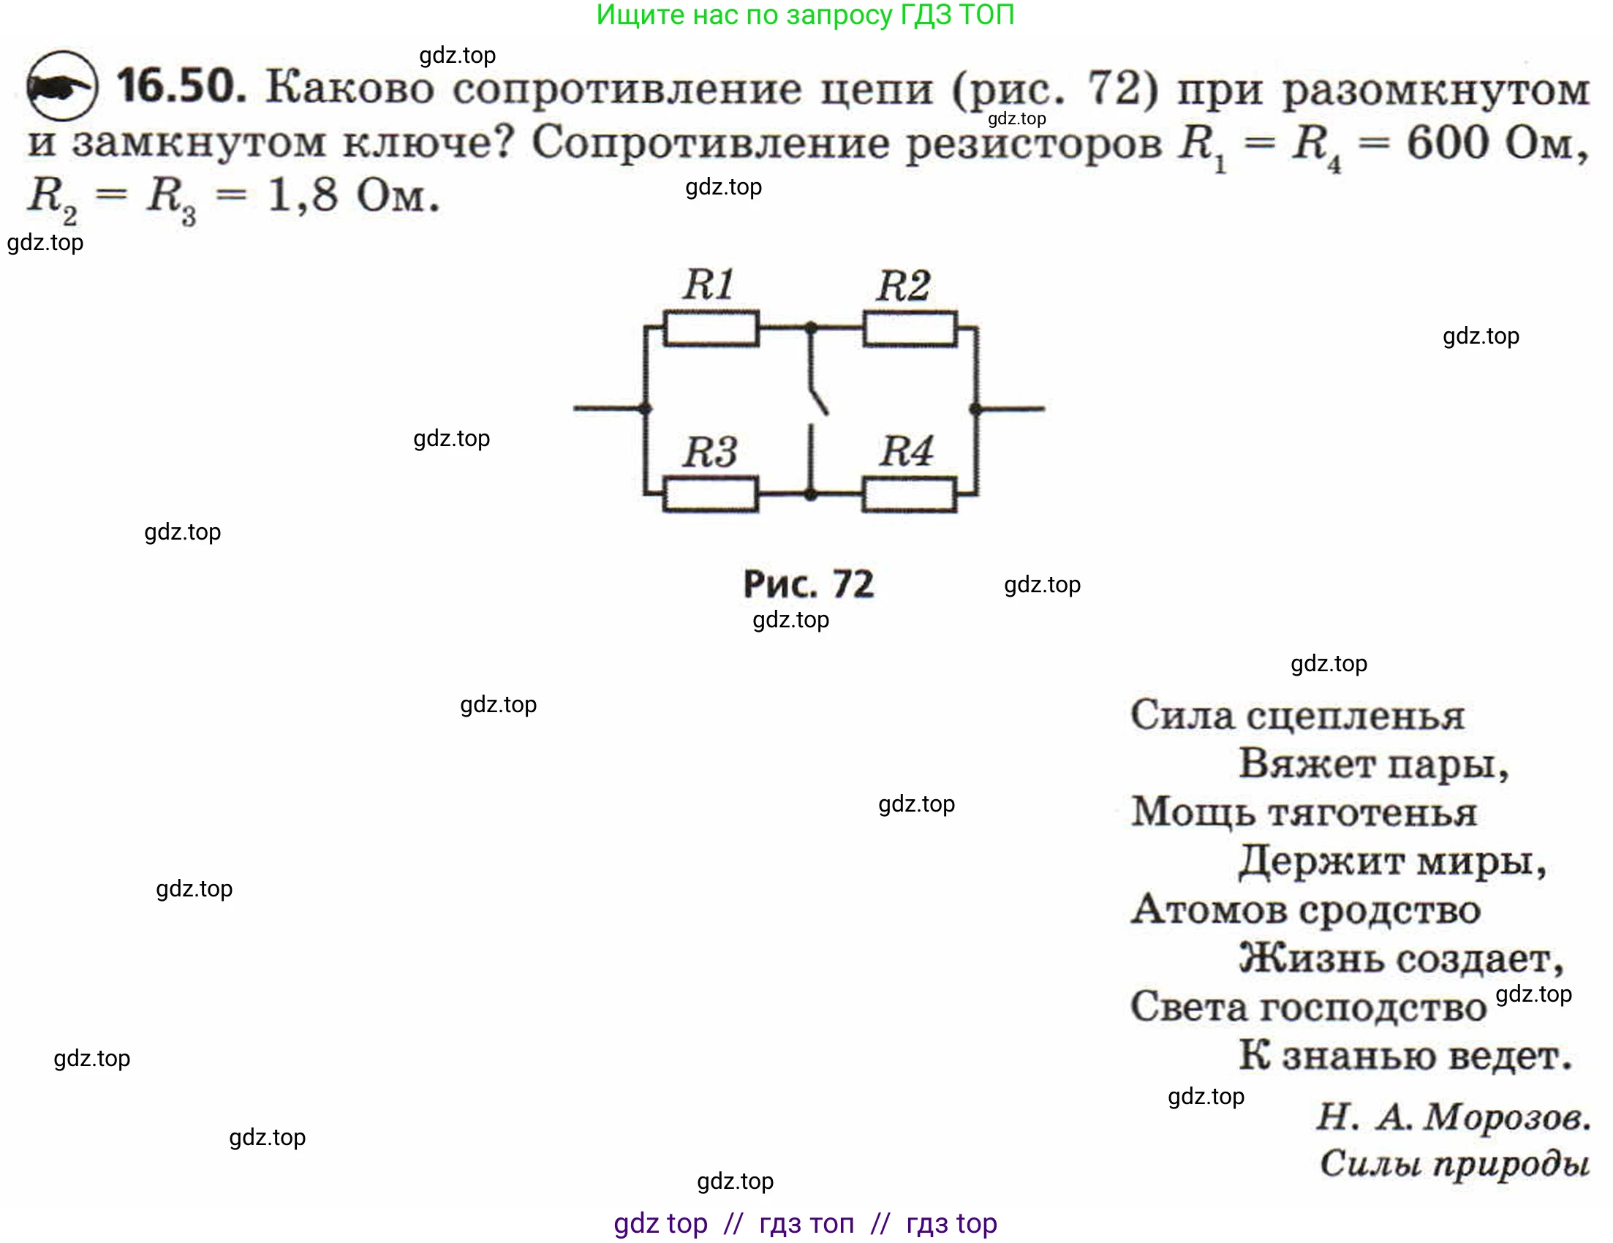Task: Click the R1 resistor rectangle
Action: pyautogui.click(x=711, y=328)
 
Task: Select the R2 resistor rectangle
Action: pyautogui.click(x=910, y=328)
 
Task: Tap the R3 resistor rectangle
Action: pyautogui.click(x=711, y=494)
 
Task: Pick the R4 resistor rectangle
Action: pyautogui.click(x=909, y=494)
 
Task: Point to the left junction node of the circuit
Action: pyautogui.click(x=645, y=409)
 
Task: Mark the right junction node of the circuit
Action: pyautogui.click(x=975, y=409)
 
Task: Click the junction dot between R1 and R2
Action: pyautogui.click(x=811, y=326)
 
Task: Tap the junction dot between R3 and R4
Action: pyautogui.click(x=811, y=494)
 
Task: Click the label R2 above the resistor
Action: pyautogui.click(x=902, y=287)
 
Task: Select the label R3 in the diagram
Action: pyautogui.click(x=710, y=452)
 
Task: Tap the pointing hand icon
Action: pyautogui.click(x=61, y=87)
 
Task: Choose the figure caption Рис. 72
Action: pyautogui.click(x=808, y=584)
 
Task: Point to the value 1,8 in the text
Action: pyautogui.click(x=303, y=197)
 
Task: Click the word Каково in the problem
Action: pyautogui.click(x=350, y=88)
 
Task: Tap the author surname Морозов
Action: pyautogui.click(x=1508, y=1116)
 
